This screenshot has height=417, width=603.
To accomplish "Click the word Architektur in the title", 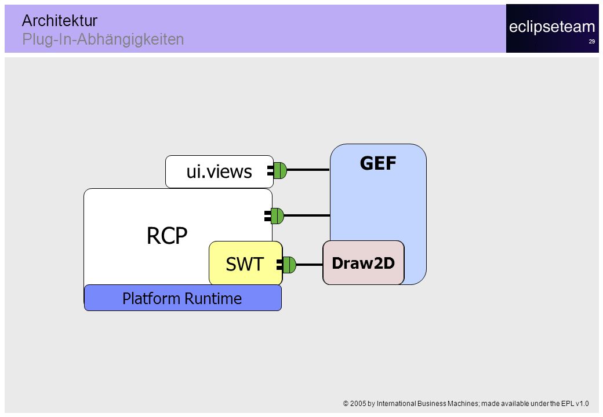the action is point(60,20).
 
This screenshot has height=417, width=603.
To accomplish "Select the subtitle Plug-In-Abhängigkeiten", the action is point(103,39).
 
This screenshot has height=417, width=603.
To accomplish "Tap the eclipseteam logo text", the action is point(552,27).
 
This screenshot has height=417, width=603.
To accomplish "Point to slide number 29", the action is point(592,42).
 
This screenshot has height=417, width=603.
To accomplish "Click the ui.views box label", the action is point(219,171).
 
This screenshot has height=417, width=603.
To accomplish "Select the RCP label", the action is point(167,235).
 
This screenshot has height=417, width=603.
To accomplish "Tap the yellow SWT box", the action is point(245,263).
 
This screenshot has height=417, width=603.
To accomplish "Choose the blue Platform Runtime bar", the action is point(183,298).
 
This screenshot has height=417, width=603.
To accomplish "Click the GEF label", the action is point(378,163).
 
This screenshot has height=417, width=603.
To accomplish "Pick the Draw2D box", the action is point(364,263).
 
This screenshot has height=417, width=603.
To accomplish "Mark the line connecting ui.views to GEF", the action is point(308,170).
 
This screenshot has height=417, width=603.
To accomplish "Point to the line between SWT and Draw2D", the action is point(310,265).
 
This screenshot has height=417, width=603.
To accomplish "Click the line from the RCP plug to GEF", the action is point(307,215).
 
